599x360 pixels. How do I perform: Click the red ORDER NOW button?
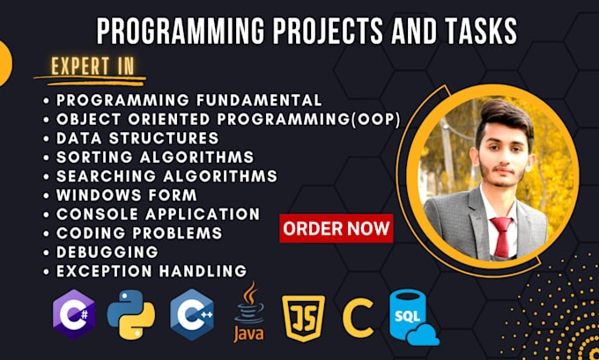[336, 228]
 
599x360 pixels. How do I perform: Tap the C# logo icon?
[74, 314]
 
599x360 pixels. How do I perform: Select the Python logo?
[131, 314]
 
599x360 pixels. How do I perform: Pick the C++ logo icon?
[192, 314]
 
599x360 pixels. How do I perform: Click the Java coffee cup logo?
[249, 311]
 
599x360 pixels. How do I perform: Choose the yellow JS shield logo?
[303, 318]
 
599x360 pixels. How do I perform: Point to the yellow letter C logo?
[358, 318]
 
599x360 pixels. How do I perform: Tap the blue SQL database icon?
[413, 317]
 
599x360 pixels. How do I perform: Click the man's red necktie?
[501, 237]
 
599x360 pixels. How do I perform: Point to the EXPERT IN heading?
[92, 66]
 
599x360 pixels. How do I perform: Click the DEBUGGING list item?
[107, 252]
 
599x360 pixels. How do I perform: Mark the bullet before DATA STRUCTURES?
[47, 138]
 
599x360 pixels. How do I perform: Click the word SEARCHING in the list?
[107, 176]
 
